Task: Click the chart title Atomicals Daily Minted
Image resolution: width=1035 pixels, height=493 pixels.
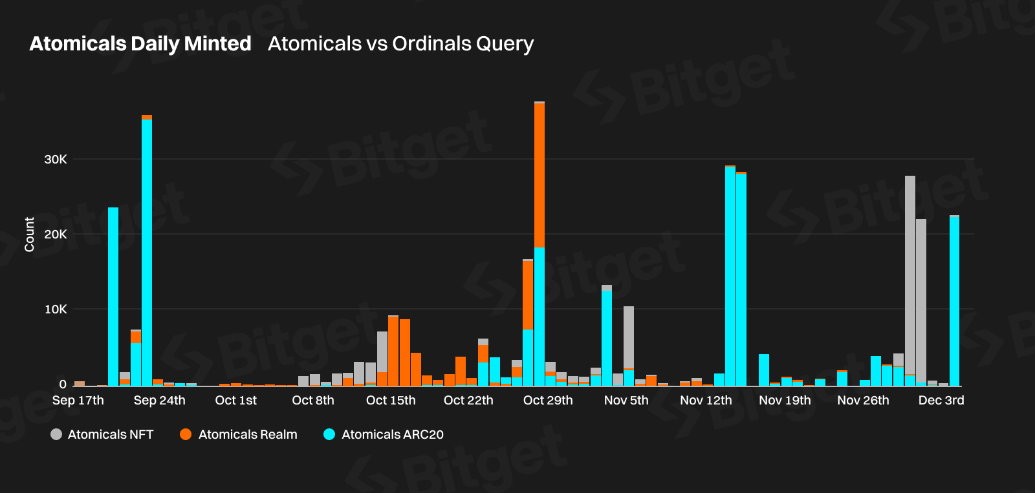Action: (x=140, y=44)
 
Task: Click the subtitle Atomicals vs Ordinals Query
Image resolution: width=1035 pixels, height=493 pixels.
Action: (x=400, y=44)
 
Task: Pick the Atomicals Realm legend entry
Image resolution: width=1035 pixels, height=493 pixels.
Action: (x=239, y=434)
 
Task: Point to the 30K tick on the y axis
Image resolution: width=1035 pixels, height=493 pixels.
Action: (x=56, y=160)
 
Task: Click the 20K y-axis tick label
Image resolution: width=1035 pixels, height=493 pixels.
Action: (x=56, y=235)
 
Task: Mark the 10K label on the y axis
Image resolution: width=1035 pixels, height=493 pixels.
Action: (x=56, y=309)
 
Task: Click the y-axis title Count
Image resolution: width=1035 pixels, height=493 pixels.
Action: (x=29, y=235)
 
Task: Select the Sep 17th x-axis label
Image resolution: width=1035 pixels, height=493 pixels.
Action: (x=78, y=401)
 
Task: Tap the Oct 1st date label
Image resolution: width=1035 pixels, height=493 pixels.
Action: (x=235, y=401)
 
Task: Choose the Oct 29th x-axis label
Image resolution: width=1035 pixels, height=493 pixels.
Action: (x=548, y=401)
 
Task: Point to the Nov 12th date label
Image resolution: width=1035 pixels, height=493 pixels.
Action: (x=706, y=401)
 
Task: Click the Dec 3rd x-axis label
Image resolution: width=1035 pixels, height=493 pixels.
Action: (x=941, y=401)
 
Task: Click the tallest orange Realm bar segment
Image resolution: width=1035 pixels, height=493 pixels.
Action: (x=539, y=175)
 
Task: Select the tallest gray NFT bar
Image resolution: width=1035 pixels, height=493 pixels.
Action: (x=910, y=275)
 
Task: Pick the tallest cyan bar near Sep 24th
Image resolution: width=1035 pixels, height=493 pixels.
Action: (x=147, y=252)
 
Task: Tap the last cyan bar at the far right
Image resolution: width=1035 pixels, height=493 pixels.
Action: (x=954, y=300)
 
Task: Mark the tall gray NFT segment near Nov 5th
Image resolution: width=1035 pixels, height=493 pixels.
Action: (x=629, y=337)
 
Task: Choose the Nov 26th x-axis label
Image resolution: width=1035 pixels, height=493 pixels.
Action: (x=863, y=401)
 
